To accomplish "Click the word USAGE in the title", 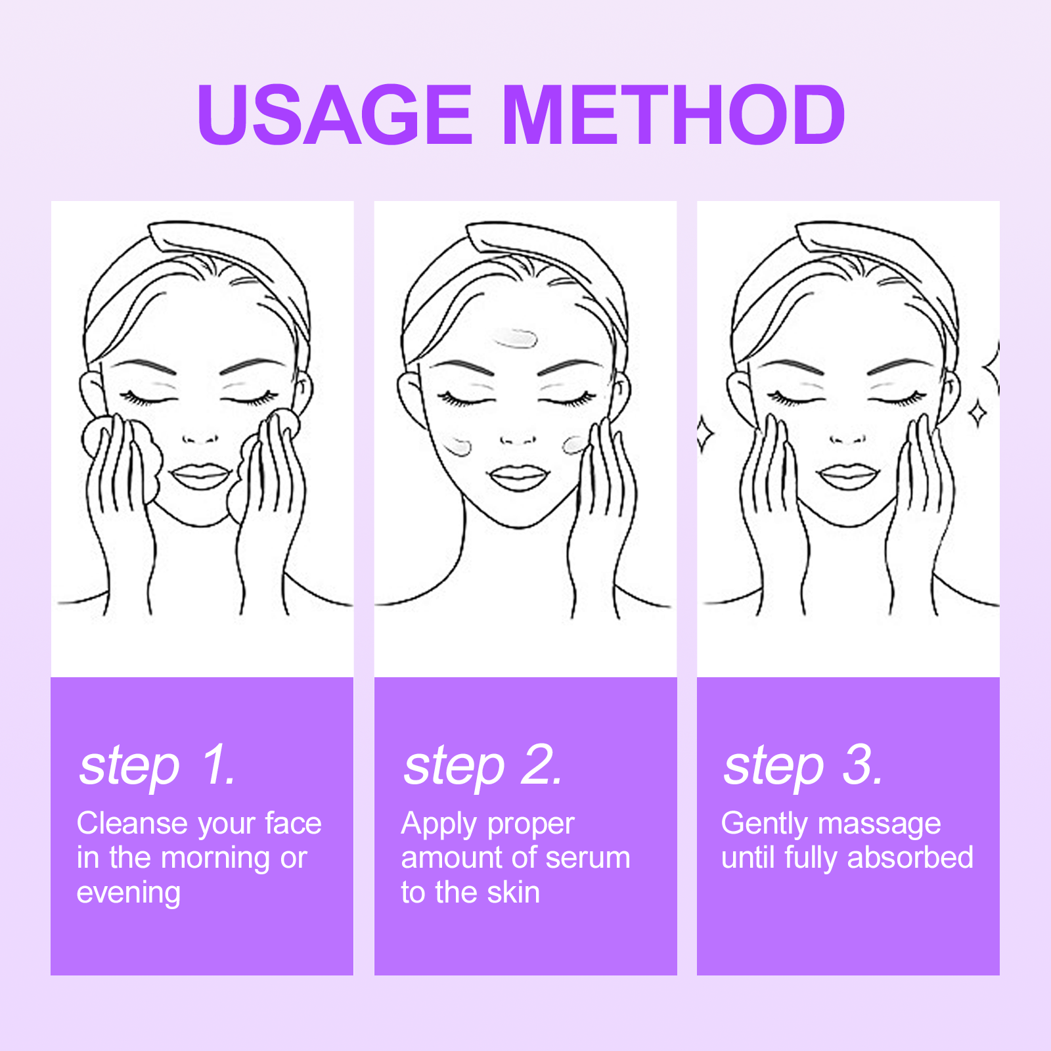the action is click(x=334, y=115).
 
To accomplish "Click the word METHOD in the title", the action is click(x=674, y=115).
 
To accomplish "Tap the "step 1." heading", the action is click(x=158, y=767).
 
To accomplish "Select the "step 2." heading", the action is click(x=483, y=767).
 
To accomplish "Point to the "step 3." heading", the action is click(x=803, y=767).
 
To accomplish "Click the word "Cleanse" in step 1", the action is click(x=132, y=823).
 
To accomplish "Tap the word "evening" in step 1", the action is click(x=129, y=893).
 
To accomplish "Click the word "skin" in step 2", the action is click(x=513, y=892).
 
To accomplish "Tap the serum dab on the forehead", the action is click(x=516, y=338).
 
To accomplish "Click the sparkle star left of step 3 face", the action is click(x=705, y=434).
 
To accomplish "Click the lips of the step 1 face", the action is click(x=200, y=477).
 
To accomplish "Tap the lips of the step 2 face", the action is click(x=518, y=478).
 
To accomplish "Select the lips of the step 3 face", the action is click(x=849, y=477).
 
